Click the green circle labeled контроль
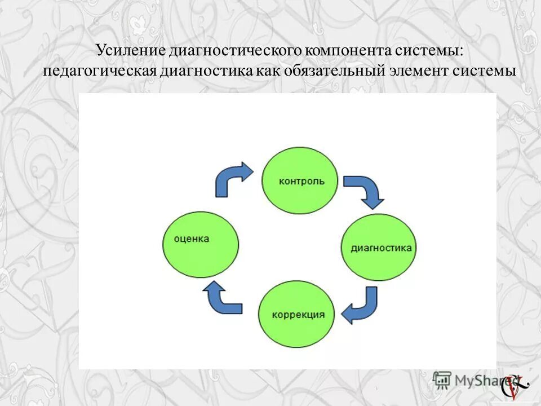click(x=300, y=180)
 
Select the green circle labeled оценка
click(x=201, y=244)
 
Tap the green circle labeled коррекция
click(x=296, y=314)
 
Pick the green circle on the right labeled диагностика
click(x=379, y=248)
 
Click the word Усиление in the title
click(x=128, y=51)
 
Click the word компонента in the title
click(x=348, y=51)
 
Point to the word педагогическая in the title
click(x=99, y=72)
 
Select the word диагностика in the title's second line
click(x=202, y=72)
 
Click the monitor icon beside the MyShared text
click(x=442, y=379)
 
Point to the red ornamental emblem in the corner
click(x=517, y=386)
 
